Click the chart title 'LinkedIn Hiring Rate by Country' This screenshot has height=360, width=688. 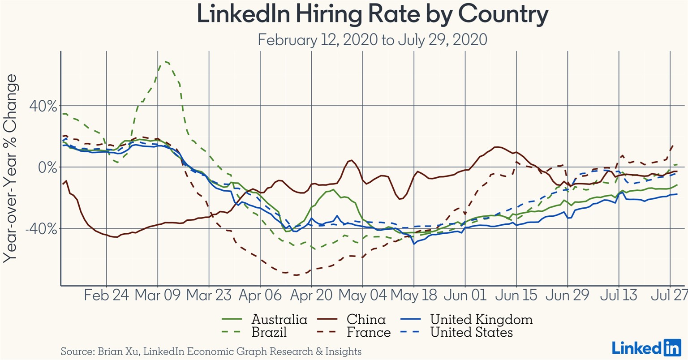pyautogui.click(x=372, y=14)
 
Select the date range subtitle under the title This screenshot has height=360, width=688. pyautogui.click(x=372, y=40)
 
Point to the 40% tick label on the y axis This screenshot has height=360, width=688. pyautogui.click(x=43, y=107)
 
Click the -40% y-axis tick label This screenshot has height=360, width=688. pyautogui.click(x=41, y=228)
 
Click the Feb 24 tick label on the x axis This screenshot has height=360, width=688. pyautogui.click(x=107, y=296)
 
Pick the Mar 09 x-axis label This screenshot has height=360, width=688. pyautogui.click(x=158, y=296)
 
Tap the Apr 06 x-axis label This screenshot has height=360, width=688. pyautogui.click(x=260, y=296)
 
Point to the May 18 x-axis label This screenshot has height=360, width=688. pyautogui.click(x=414, y=296)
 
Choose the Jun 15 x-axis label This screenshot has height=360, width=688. pyautogui.click(x=516, y=296)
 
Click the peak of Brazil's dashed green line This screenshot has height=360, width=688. pyautogui.click(x=164, y=61)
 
